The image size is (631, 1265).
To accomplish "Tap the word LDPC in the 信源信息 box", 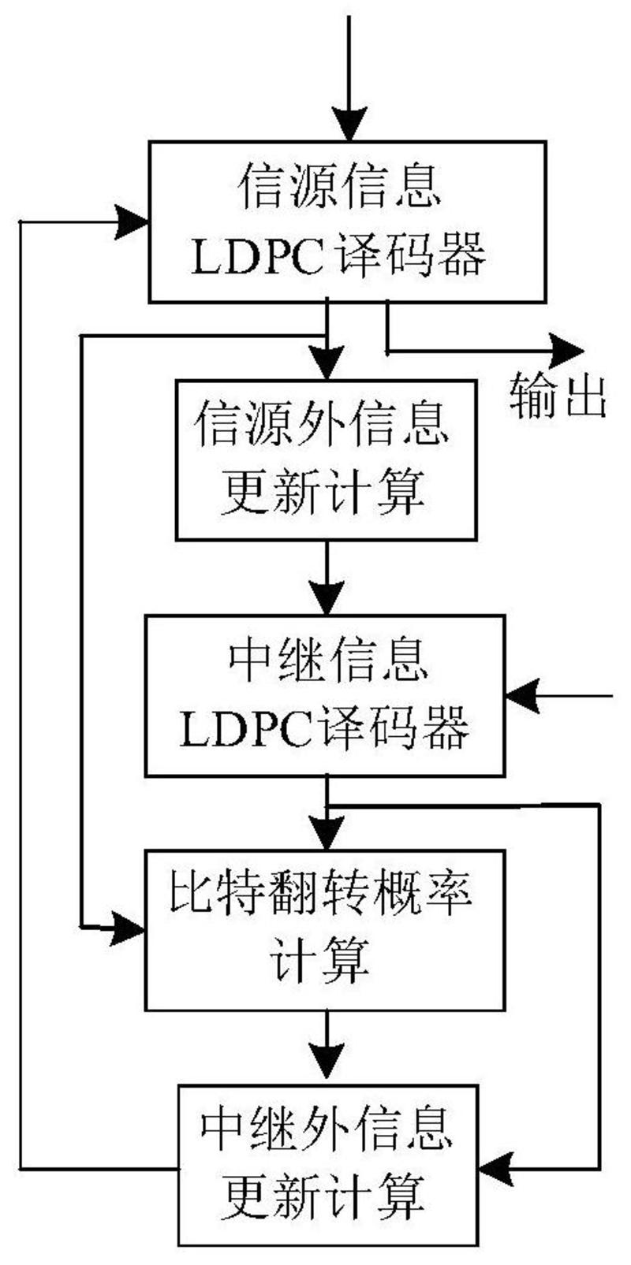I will pyautogui.click(x=257, y=257).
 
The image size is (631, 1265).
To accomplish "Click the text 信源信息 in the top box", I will pyautogui.click(x=341, y=186).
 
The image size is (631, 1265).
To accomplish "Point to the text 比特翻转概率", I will pyautogui.click(x=321, y=899).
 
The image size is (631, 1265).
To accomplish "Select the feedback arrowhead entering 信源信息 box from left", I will pyautogui.click(x=133, y=221).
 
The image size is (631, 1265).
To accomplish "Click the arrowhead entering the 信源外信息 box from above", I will pyautogui.click(x=327, y=365).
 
